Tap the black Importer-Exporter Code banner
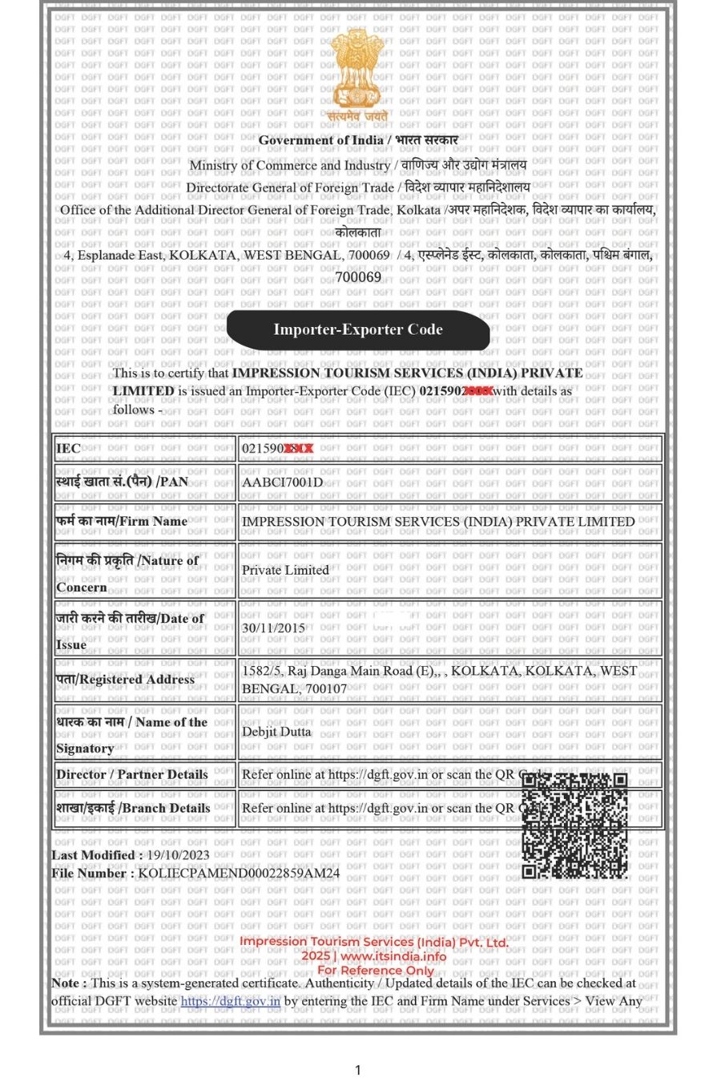358,329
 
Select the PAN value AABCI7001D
282,482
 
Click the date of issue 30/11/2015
273,628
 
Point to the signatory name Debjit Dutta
276,731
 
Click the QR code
574,825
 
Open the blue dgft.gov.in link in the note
231,1000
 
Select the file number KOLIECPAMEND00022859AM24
239,873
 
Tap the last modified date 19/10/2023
178,854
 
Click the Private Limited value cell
285,570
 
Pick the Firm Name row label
122,521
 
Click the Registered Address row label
125,679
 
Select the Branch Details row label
133,808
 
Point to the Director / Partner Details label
131,774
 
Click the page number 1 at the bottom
358,1069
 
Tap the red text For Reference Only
375,970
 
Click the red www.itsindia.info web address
393,956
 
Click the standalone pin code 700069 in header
358,277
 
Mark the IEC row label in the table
68,448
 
